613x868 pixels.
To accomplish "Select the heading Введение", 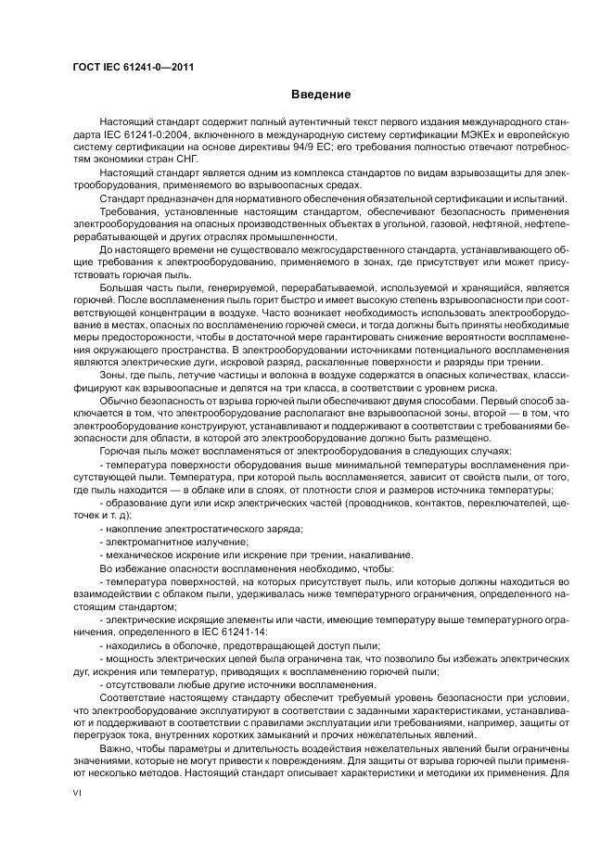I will click(x=320, y=95).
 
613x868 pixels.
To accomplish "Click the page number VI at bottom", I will click(x=77, y=796).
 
